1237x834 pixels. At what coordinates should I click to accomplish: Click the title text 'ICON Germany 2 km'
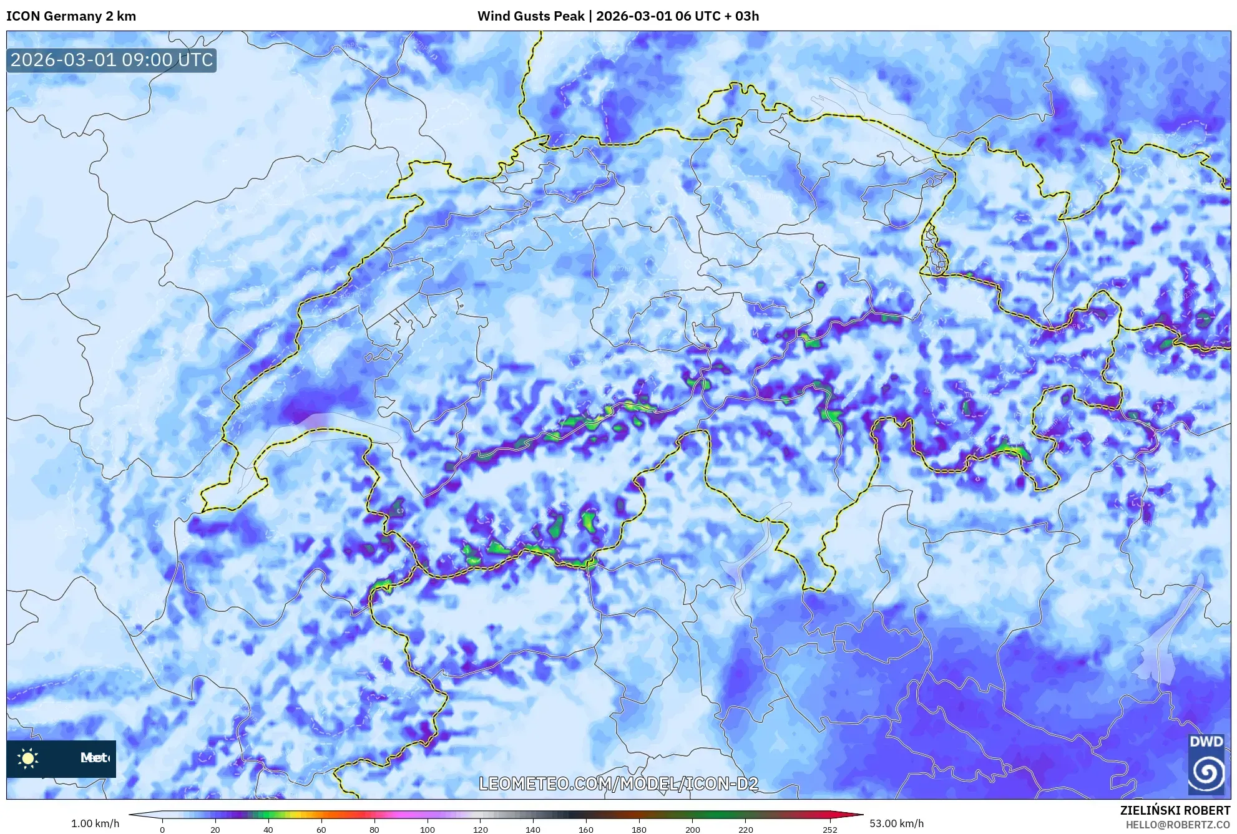pyautogui.click(x=71, y=16)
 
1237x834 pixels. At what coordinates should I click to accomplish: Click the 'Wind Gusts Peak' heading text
pyautogui.click(x=530, y=16)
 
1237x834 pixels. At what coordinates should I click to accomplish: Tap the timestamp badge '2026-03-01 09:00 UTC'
pyautogui.click(x=112, y=60)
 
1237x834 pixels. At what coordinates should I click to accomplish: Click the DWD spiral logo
pyautogui.click(x=1206, y=772)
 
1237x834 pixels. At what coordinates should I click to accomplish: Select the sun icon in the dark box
pyautogui.click(x=28, y=758)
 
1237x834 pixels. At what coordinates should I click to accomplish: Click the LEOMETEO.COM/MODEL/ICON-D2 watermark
pyautogui.click(x=618, y=783)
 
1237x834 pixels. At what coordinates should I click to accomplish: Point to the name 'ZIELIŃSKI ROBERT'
pyautogui.click(x=1175, y=810)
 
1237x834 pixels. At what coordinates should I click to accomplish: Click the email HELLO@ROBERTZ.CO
pyautogui.click(x=1178, y=825)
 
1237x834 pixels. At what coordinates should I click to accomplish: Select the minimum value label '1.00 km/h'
pyautogui.click(x=95, y=823)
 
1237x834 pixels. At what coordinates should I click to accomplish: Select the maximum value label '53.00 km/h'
pyautogui.click(x=897, y=823)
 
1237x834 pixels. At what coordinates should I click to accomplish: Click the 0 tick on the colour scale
pyautogui.click(x=162, y=830)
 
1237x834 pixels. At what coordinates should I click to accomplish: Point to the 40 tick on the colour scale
pyautogui.click(x=268, y=830)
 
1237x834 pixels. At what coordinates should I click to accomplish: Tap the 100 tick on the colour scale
pyautogui.click(x=427, y=830)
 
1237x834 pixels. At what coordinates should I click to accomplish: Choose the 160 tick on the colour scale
pyautogui.click(x=586, y=830)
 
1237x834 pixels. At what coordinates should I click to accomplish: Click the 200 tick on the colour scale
pyautogui.click(x=692, y=830)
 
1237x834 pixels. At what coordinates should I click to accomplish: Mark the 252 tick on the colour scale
pyautogui.click(x=829, y=830)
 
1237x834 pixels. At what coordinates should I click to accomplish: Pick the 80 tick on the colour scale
pyautogui.click(x=374, y=830)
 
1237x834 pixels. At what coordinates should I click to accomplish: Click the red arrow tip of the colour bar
pyautogui.click(x=858, y=815)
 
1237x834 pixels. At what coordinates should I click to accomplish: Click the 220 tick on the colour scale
pyautogui.click(x=745, y=830)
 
